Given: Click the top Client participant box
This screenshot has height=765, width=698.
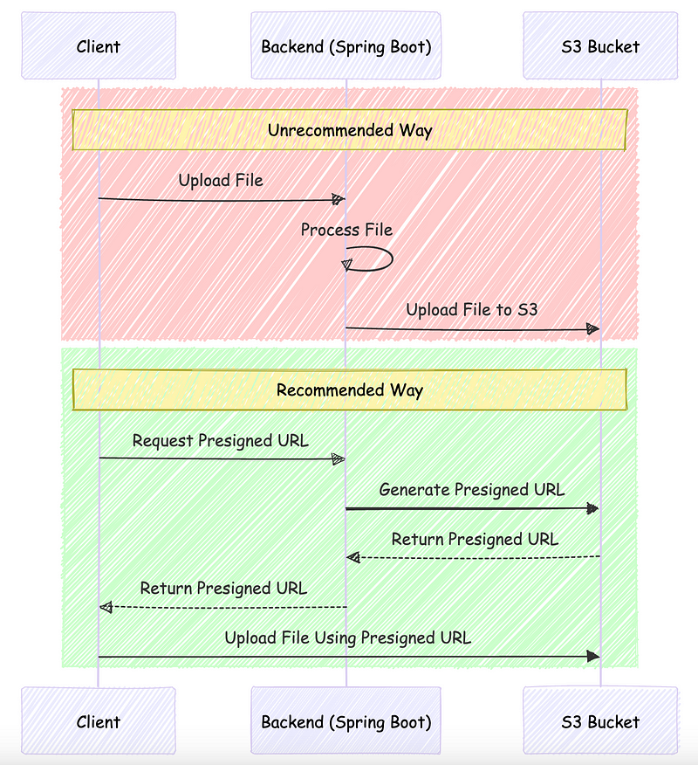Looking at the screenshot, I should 98,46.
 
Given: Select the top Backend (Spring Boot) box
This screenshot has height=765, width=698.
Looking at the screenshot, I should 346,46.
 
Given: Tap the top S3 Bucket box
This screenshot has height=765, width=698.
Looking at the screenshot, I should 600,46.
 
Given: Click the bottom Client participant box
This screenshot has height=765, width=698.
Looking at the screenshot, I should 98,721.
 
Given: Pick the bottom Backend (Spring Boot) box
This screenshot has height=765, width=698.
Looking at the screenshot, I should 346,721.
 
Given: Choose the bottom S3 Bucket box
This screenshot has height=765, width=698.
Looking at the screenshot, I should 600,721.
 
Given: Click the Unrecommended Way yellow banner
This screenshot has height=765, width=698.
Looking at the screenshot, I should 349,130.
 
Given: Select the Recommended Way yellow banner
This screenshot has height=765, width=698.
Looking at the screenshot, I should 349,389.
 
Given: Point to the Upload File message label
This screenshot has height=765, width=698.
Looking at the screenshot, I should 221,181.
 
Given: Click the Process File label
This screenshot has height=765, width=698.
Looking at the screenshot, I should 346,230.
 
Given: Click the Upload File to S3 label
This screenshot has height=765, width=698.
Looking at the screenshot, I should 471,310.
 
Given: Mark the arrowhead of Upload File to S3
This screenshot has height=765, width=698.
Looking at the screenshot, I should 592,329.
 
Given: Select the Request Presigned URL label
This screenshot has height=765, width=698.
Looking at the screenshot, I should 220,441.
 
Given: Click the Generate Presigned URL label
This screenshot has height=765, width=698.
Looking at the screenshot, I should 471,490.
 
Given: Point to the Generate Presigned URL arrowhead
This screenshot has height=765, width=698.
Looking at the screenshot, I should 593,507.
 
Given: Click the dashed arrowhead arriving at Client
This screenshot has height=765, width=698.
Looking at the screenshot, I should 106,606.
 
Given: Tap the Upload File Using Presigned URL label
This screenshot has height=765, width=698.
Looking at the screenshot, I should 347,637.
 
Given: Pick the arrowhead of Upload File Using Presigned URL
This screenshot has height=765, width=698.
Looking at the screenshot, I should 593,656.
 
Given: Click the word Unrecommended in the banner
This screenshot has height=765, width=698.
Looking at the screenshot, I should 318,130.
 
